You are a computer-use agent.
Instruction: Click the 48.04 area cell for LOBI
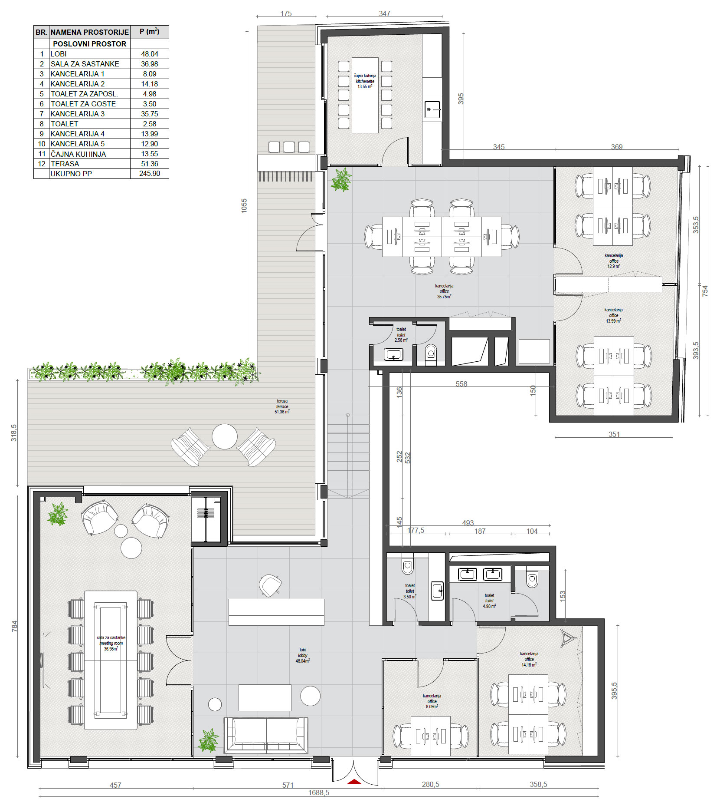tap(150, 54)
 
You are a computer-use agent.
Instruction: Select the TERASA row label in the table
tap(65, 164)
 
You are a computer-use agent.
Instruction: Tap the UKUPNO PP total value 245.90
tap(150, 174)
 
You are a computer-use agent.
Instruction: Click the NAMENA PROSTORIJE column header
tap(90, 32)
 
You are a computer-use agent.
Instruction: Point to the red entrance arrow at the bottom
tap(354, 781)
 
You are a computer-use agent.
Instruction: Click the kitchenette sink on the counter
tap(432, 109)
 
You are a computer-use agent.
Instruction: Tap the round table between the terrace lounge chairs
tap(225, 436)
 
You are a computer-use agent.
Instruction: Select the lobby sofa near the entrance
tap(266, 735)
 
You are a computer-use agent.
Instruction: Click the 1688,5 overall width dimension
tap(319, 792)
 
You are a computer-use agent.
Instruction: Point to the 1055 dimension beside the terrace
tap(244, 205)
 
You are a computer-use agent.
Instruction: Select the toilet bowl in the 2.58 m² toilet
tap(431, 353)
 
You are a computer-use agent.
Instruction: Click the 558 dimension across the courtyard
tap(461, 384)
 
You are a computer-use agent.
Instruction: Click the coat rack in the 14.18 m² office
tap(568, 638)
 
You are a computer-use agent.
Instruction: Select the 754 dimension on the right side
tap(705, 291)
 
